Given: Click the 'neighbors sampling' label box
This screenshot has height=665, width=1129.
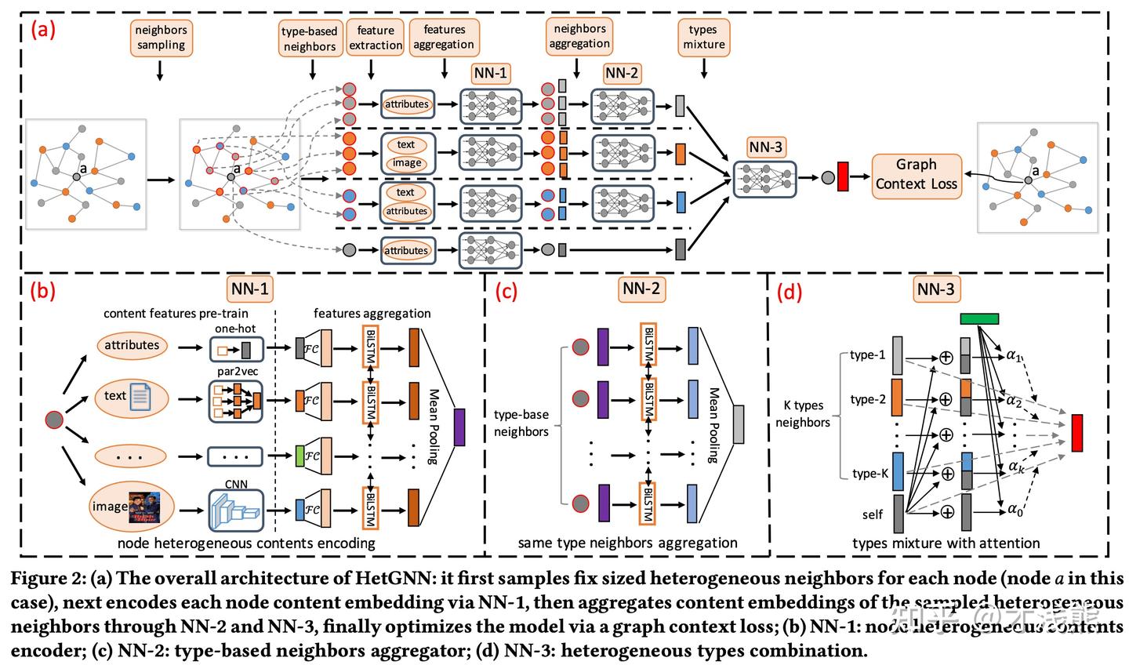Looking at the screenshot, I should [x=161, y=38].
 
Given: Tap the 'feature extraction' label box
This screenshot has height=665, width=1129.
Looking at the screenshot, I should [x=376, y=38].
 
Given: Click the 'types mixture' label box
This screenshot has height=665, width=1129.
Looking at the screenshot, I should [x=703, y=37].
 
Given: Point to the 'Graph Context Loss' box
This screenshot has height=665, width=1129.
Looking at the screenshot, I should [x=917, y=175].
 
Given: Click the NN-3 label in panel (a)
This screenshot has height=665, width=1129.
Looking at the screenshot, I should [x=765, y=147].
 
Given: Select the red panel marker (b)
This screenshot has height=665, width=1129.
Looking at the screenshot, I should [x=42, y=291].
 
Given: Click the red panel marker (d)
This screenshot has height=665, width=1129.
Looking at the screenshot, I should [x=790, y=292].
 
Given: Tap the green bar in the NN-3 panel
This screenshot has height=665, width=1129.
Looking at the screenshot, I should [x=979, y=318].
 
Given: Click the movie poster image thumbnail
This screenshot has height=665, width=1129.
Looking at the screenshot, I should [x=144, y=507].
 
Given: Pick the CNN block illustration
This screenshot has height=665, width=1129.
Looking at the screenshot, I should [x=235, y=510].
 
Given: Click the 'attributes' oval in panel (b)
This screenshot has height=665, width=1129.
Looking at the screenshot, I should [x=132, y=345].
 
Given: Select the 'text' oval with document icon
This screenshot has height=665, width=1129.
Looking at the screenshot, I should [x=132, y=397].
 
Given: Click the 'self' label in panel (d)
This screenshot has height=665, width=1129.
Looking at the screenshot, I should [x=872, y=515].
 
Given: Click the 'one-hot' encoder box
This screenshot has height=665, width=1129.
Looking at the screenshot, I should [x=235, y=349].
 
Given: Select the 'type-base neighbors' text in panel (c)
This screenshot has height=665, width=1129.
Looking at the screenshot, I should [x=521, y=423].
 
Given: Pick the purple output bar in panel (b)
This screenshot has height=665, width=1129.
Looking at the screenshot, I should [x=459, y=427].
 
